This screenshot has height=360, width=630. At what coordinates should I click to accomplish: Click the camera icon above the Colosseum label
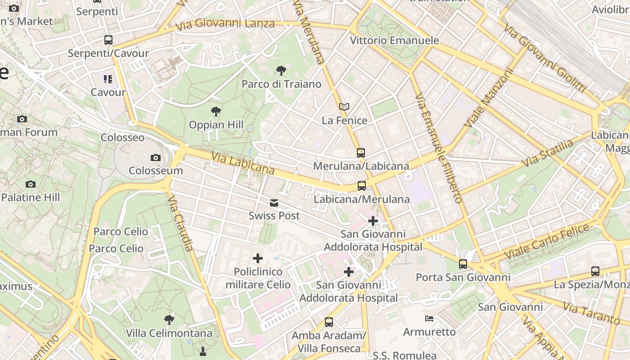click(x=156, y=157)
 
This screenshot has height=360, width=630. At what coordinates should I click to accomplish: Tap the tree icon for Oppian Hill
click(x=216, y=111)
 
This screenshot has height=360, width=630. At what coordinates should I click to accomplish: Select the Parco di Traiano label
click(x=281, y=84)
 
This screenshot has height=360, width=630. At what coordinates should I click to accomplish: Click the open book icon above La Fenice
click(x=344, y=107)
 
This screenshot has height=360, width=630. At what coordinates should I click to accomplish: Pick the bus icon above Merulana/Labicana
click(x=361, y=153)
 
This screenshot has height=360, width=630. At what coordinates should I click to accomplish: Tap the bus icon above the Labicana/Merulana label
click(x=361, y=185)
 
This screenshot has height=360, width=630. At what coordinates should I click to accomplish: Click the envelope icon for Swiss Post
click(x=274, y=203)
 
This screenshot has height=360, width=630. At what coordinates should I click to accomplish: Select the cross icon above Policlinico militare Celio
click(x=258, y=258)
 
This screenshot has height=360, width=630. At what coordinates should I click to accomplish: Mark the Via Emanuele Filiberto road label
click(x=438, y=148)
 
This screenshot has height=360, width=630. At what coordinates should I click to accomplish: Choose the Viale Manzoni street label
click(x=489, y=98)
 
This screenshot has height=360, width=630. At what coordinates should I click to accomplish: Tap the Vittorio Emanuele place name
click(x=394, y=40)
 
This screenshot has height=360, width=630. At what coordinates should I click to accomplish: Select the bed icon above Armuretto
click(x=429, y=319)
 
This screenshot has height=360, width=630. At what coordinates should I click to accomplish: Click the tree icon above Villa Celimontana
click(x=169, y=320)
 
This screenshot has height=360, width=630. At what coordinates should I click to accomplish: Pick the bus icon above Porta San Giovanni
click(x=463, y=264)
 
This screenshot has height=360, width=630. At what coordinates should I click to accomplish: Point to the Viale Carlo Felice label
click(x=546, y=242)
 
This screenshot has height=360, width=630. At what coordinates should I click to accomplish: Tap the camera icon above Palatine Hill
click(x=31, y=184)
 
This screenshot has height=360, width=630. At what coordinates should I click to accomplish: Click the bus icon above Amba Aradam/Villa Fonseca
click(x=329, y=322)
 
